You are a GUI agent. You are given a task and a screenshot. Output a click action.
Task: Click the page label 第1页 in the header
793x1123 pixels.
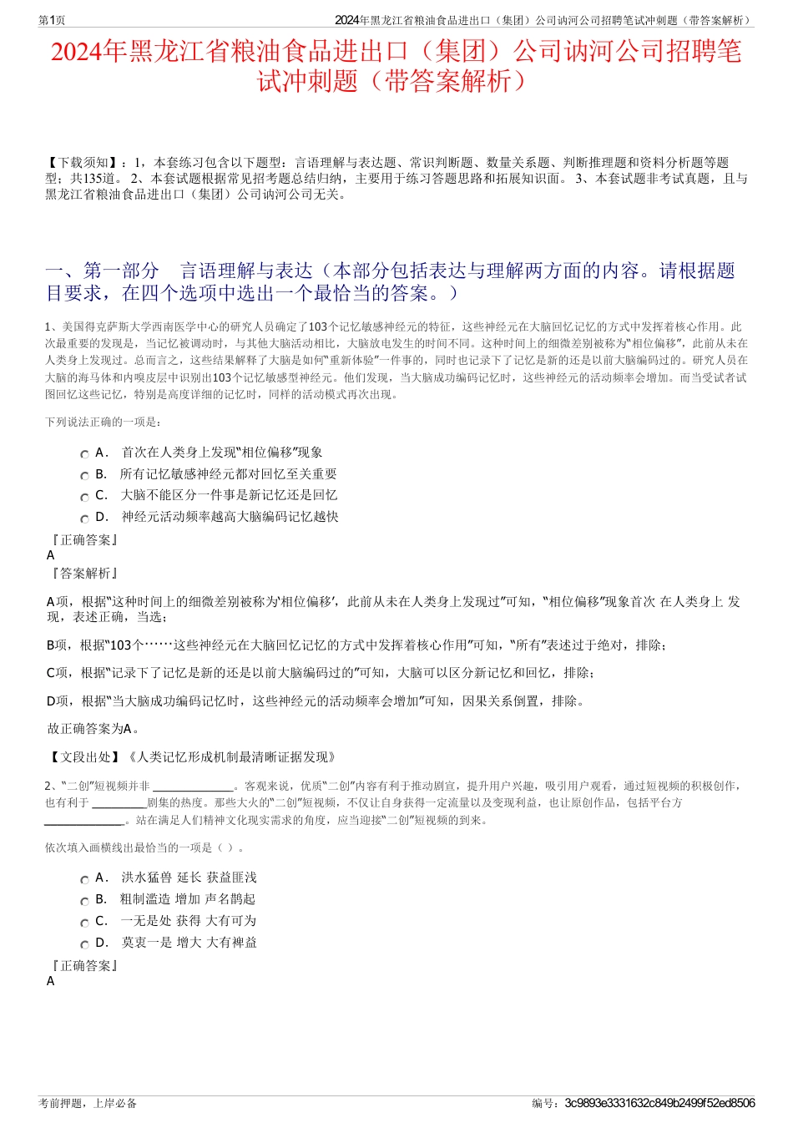click(x=52, y=20)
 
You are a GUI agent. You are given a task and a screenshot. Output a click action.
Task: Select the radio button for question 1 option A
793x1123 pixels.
click(x=84, y=454)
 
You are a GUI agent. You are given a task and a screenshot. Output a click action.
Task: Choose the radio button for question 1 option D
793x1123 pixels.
click(x=84, y=519)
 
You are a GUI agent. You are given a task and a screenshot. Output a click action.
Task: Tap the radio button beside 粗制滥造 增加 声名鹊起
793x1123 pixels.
click(x=84, y=901)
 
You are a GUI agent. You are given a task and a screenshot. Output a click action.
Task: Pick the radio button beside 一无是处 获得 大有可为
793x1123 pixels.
click(x=84, y=923)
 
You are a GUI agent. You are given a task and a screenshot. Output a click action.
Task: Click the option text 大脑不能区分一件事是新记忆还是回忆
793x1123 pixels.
click(x=229, y=495)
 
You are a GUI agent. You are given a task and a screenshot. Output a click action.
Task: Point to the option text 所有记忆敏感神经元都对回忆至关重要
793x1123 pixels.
click(x=229, y=474)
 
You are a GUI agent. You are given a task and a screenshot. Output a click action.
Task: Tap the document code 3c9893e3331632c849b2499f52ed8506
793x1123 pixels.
click(x=659, y=1103)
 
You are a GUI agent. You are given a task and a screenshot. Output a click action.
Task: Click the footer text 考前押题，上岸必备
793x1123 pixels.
click(x=88, y=1103)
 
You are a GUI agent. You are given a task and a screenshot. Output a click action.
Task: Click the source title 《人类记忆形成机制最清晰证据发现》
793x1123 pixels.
click(x=231, y=757)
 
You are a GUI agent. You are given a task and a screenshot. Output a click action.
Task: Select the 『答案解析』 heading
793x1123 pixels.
click(x=84, y=573)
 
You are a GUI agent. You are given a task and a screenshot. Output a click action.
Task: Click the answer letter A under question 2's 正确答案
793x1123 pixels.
click(x=51, y=981)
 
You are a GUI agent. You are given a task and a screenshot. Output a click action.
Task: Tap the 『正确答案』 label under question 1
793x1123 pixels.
click(x=84, y=540)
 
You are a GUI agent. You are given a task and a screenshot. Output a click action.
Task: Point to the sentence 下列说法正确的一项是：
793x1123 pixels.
click(x=104, y=422)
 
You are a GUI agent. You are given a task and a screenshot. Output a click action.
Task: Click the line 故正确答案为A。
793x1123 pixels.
click(x=93, y=729)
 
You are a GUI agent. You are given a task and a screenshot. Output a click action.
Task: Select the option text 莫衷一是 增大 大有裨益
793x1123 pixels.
click(x=189, y=943)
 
